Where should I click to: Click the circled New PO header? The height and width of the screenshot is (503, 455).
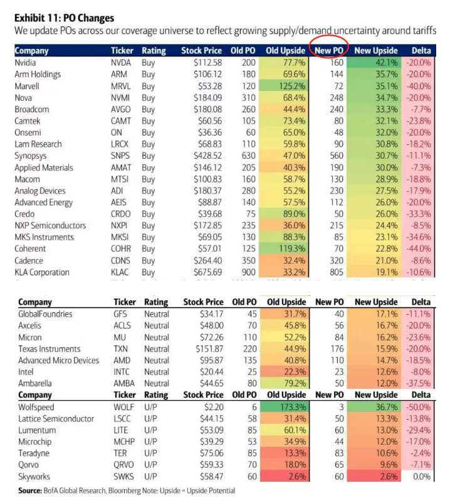point(329,51)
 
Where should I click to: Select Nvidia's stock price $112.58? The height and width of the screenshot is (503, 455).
point(207,63)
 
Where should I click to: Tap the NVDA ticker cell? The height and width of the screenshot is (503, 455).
point(121,63)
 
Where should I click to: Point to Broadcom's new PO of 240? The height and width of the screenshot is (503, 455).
point(337,109)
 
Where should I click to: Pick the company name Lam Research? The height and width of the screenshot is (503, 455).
point(38,144)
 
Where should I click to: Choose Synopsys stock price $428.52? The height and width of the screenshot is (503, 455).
point(207,156)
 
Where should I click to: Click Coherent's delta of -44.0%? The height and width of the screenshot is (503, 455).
point(418,248)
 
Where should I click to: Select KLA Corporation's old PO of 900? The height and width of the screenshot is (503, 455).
point(249,272)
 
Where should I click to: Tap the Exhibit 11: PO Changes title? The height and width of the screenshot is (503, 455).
point(64,18)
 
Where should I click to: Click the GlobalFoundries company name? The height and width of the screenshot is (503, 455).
point(45,314)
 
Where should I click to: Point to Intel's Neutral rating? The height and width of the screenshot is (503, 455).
point(157,372)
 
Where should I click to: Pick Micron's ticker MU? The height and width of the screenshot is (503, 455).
point(120,337)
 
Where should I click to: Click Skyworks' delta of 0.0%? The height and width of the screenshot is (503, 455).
point(422,477)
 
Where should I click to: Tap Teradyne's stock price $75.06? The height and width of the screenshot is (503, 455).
point(212,453)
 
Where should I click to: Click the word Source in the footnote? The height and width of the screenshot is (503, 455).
point(30,491)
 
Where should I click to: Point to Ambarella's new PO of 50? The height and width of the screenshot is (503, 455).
point(339,383)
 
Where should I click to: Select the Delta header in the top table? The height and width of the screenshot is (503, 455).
point(421,51)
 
